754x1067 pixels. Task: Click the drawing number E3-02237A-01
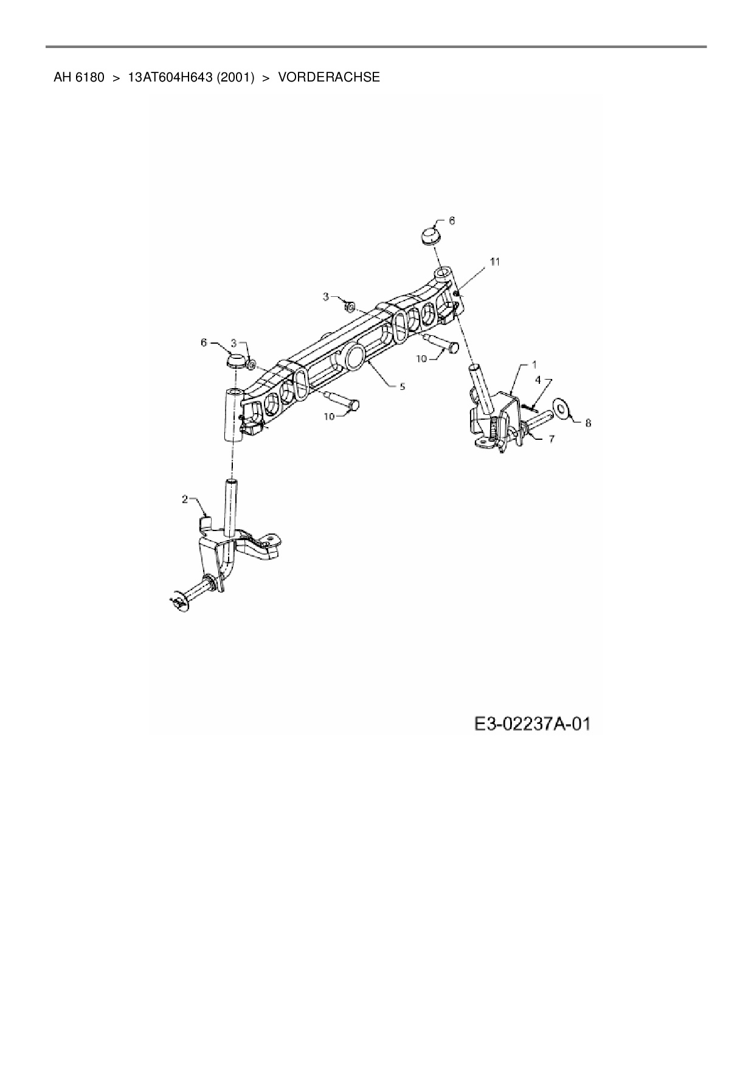(533, 724)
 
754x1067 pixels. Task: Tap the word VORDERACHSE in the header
(329, 77)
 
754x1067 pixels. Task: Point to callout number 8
(588, 423)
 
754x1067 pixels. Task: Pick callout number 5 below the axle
(402, 386)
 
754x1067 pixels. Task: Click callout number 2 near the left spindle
(184, 499)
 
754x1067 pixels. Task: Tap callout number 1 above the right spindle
(534, 364)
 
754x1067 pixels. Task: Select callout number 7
(551, 439)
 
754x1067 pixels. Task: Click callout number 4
(538, 380)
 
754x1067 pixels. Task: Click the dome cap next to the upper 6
(431, 235)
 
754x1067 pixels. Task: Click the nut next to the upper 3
(350, 305)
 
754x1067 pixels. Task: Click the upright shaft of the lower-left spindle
(231, 507)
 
